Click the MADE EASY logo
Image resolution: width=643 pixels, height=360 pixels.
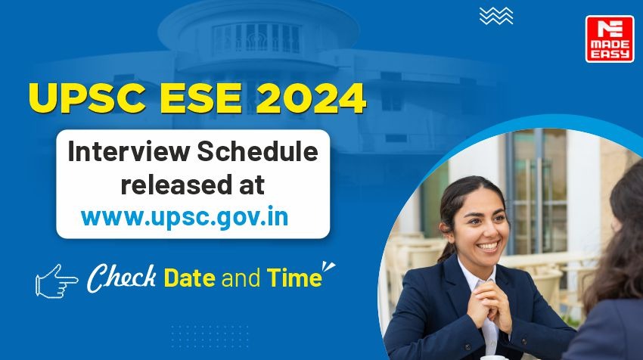click(610, 39)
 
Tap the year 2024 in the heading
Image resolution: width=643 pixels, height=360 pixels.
click(311, 98)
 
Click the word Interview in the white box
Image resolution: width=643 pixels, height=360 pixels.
click(129, 151)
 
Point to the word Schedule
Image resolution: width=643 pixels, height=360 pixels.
click(257, 151)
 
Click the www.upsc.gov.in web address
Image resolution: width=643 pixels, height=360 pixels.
click(185, 217)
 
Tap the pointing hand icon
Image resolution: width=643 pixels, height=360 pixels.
click(56, 281)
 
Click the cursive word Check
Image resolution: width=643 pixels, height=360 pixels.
click(122, 278)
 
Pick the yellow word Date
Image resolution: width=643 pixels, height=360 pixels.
click(189, 278)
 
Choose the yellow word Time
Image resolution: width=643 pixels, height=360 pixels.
click(294, 278)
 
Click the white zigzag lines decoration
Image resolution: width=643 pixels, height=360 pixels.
click(496, 16)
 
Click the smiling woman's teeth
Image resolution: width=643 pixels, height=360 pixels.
click(488, 246)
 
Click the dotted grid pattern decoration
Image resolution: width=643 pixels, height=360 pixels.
click(210, 337)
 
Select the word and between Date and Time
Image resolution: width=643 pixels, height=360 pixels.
click(241, 278)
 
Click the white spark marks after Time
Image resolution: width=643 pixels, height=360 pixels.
click(328, 266)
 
